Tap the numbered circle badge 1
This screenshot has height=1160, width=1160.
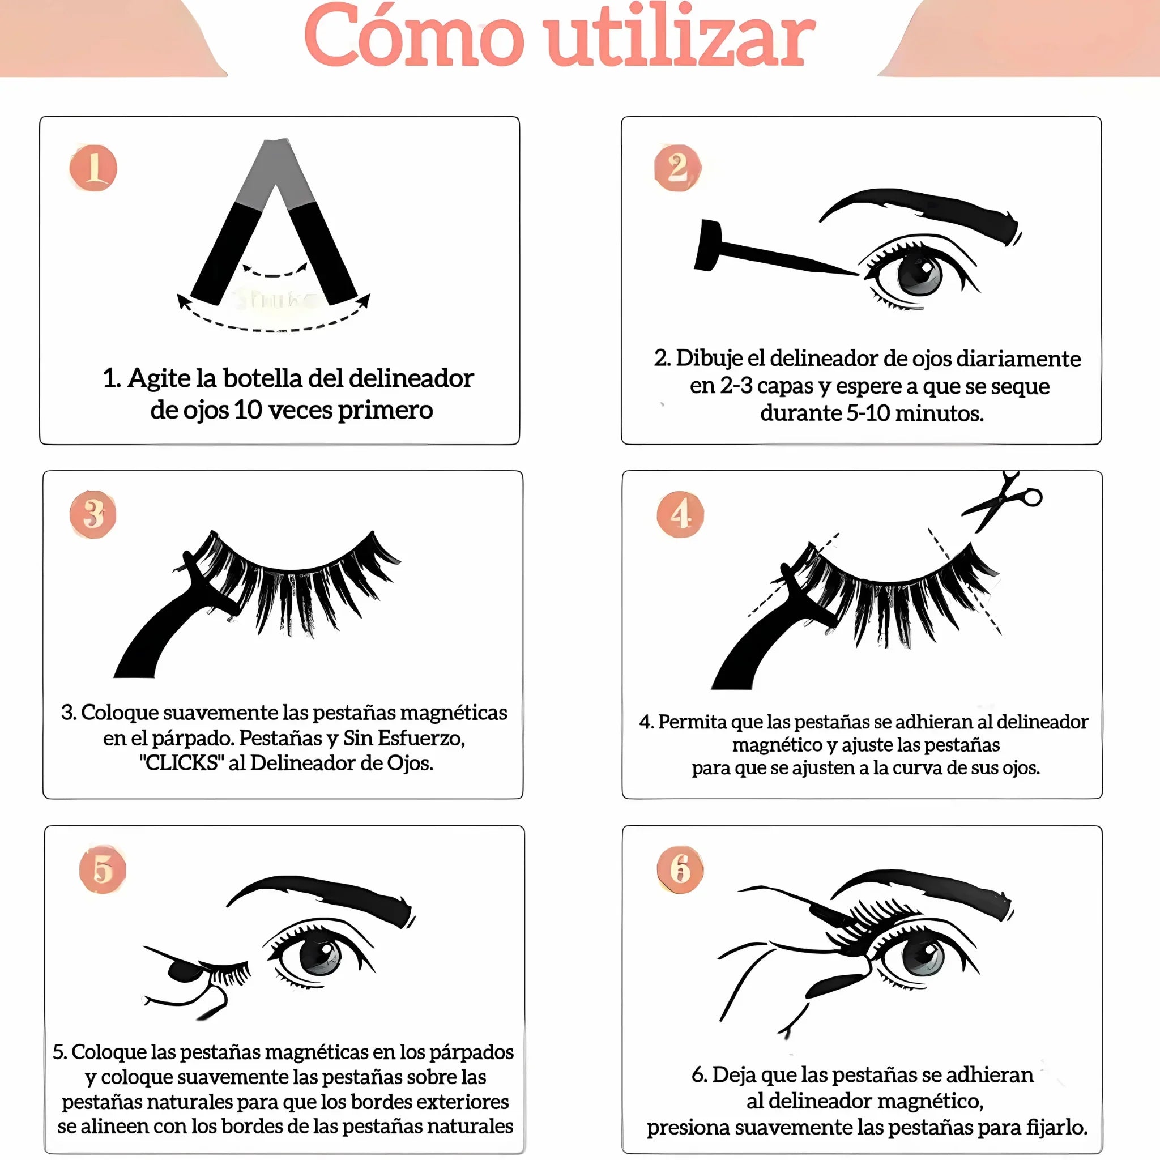tap(93, 168)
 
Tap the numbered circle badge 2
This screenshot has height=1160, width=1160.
tap(677, 168)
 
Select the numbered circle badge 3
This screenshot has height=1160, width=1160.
tap(93, 514)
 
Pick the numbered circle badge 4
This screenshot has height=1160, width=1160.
tap(680, 514)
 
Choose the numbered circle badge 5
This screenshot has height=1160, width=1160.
tap(103, 869)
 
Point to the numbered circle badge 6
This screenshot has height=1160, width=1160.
tap(680, 869)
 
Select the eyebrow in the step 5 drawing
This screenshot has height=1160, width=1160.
tap(321, 901)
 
